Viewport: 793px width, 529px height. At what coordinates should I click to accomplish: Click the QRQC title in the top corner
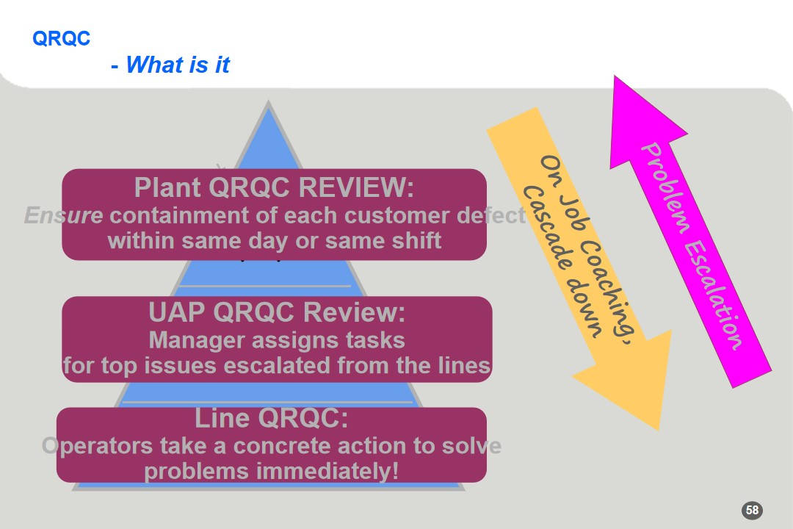tap(61, 38)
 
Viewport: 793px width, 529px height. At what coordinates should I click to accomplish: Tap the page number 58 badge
tap(752, 510)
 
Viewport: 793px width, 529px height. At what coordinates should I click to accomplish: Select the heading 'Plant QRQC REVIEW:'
tap(274, 188)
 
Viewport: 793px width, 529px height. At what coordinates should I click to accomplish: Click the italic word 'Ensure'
tap(63, 215)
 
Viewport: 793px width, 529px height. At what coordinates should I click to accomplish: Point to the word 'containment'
tap(193, 215)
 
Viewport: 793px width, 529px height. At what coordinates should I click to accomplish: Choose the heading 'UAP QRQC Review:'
tap(277, 312)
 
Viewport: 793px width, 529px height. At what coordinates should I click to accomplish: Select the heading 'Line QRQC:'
tap(271, 418)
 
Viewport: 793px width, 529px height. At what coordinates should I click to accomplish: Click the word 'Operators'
tap(98, 445)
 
